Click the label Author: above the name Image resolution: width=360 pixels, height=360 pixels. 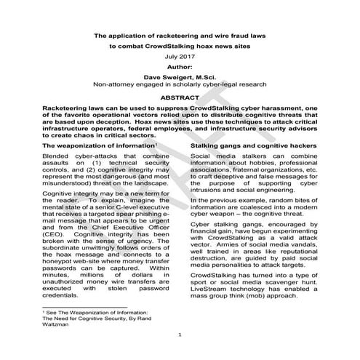[180, 65]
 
